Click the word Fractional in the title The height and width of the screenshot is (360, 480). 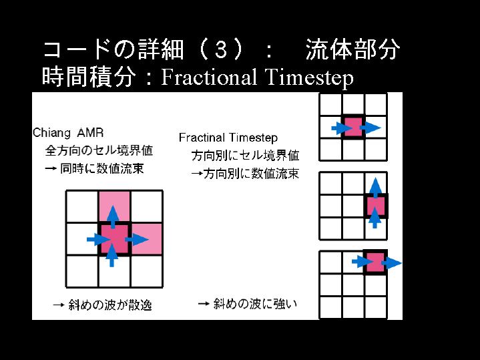209,77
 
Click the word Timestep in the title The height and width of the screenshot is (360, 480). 309,78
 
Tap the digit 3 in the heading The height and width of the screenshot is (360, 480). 221,50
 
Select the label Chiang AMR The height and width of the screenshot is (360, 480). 68,133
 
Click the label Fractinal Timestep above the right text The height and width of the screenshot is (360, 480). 228,138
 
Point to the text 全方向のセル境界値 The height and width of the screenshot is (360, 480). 99,150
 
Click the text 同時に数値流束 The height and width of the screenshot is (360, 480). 101,168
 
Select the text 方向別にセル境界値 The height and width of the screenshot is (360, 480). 245,156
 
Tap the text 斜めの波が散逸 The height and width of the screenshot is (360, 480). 110,305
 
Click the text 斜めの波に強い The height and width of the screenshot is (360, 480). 255,304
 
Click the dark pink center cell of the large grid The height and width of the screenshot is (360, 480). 114,238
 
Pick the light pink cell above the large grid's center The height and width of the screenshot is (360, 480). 114,206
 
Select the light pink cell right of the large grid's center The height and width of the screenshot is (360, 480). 146,238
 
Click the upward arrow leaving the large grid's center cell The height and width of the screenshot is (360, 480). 113,217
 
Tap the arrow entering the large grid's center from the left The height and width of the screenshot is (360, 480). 98,239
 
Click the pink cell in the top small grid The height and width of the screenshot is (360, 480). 353,127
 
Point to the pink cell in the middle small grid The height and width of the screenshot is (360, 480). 376,206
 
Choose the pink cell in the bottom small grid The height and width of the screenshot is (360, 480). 376,262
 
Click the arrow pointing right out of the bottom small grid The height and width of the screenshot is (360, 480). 391,263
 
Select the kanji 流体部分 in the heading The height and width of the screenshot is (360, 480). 352,49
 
